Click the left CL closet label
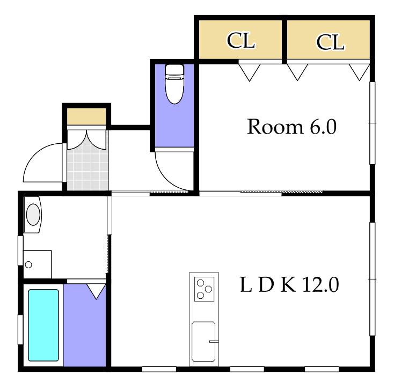click(x=240, y=40)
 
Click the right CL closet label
click(x=330, y=42)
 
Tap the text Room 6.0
click(x=291, y=127)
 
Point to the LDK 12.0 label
click(x=289, y=284)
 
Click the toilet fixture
click(x=174, y=84)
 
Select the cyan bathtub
click(x=43, y=325)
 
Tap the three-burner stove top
click(x=205, y=289)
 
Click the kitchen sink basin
click(x=203, y=342)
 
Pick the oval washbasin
click(x=33, y=215)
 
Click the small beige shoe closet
click(x=86, y=116)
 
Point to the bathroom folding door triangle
click(x=96, y=291)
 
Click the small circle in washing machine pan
click(x=28, y=264)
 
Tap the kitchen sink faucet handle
click(x=214, y=341)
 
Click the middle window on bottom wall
click(x=247, y=369)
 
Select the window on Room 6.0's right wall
click(x=373, y=123)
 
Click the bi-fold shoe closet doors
click(x=86, y=139)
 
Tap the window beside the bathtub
click(x=20, y=329)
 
